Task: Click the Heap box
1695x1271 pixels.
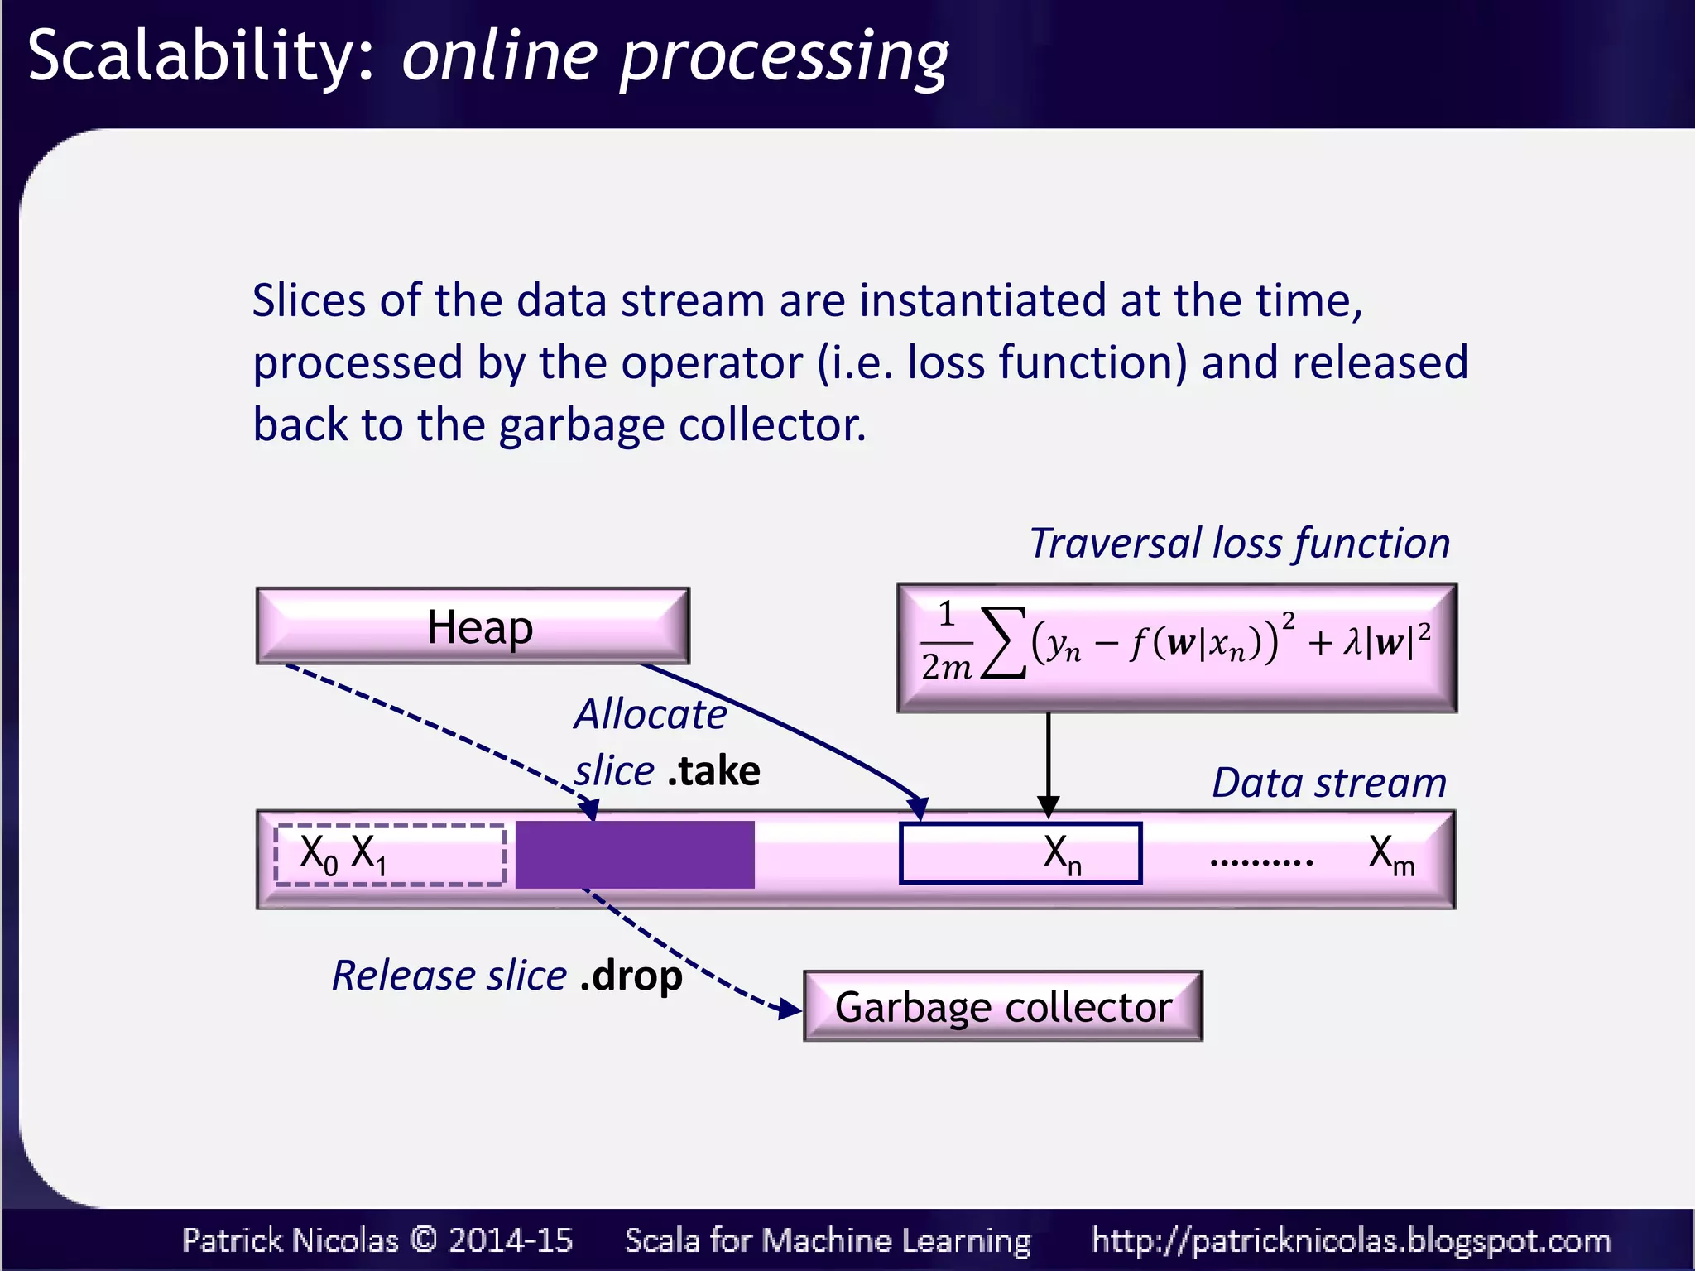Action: (473, 626)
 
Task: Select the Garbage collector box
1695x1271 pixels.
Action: (1002, 1006)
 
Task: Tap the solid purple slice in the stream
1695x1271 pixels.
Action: (635, 855)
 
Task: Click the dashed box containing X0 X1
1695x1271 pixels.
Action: (390, 855)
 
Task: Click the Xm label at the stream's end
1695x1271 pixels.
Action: (1390, 853)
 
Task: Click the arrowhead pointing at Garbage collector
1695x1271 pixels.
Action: (790, 1009)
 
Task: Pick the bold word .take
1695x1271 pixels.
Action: (713, 771)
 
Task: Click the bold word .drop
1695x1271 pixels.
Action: (631, 976)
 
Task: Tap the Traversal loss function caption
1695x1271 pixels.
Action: (1239, 544)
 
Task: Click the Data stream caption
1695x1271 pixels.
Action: (1328, 782)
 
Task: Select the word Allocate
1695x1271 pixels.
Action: (651, 713)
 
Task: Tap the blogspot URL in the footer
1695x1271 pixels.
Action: (1351, 1240)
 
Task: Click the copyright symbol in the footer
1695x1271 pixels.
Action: (423, 1240)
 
